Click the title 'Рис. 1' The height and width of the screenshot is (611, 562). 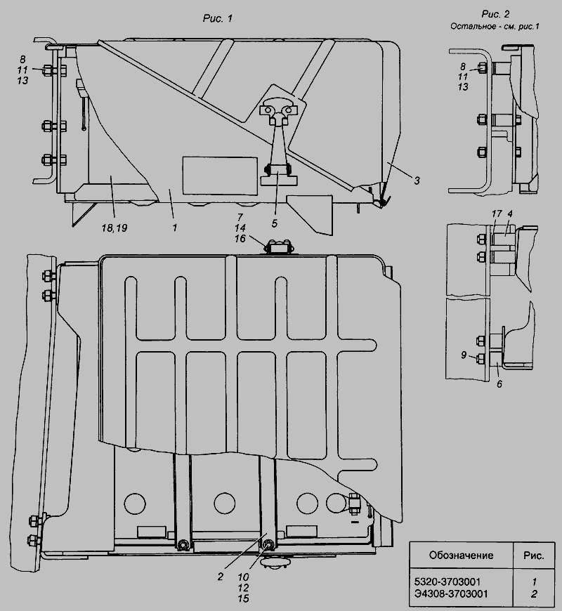(218, 18)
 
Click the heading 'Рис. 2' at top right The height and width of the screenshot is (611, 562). (495, 14)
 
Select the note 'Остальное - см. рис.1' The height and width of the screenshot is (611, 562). (495, 27)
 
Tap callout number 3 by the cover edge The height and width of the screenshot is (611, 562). (417, 180)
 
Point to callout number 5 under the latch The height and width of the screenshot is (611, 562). (275, 223)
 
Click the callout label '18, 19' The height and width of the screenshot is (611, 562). (115, 228)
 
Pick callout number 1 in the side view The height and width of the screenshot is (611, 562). (175, 227)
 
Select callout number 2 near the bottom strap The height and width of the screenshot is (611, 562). (220, 577)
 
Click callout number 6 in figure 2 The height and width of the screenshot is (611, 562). (499, 384)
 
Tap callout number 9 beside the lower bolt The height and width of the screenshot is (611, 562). (464, 355)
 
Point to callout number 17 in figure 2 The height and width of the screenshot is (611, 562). (496, 213)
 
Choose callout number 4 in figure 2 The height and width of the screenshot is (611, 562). (510, 213)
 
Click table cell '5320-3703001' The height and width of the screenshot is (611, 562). (447, 582)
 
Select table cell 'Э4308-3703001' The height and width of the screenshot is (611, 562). (450, 593)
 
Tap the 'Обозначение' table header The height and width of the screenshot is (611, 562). (461, 555)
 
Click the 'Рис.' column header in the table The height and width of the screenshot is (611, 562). (534, 555)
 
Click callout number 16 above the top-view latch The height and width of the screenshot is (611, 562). (240, 238)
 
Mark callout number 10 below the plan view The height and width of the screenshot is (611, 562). (243, 577)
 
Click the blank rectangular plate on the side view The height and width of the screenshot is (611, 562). (220, 176)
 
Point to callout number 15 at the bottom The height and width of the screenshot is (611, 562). (243, 598)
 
